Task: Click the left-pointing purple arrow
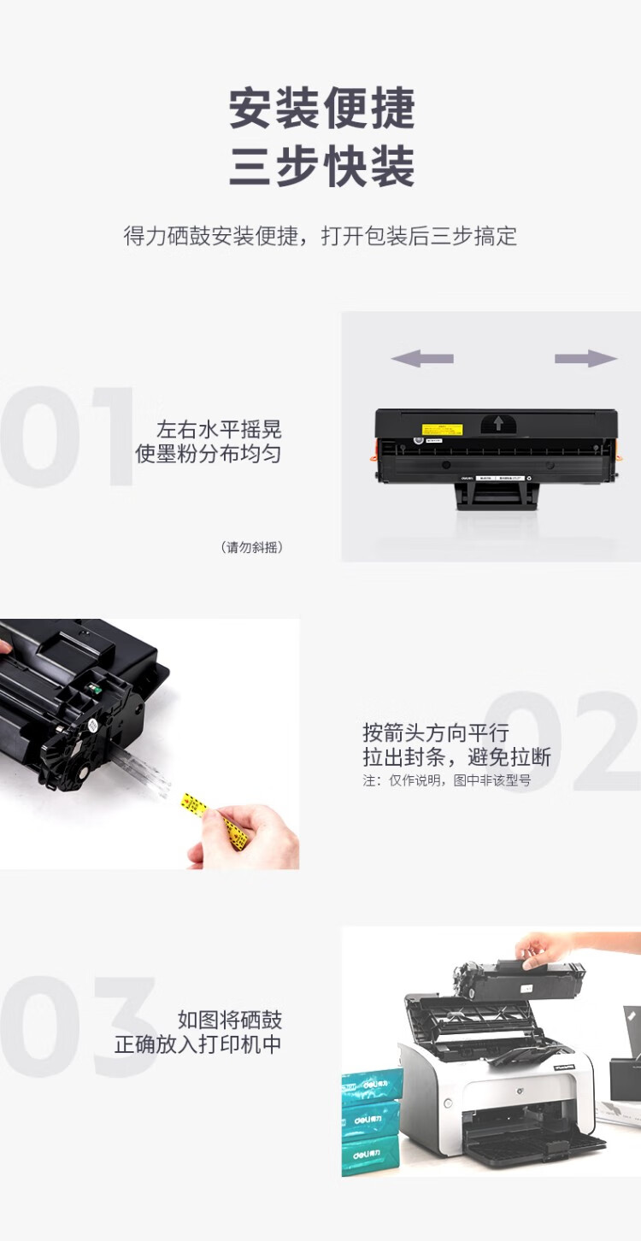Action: pyautogui.click(x=422, y=358)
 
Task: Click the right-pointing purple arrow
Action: pyautogui.click(x=586, y=358)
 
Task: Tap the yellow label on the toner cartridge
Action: pyautogui.click(x=442, y=429)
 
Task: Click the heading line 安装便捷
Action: pyautogui.click(x=322, y=108)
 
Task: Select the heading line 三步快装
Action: pyautogui.click(x=322, y=166)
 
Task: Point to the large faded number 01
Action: pyautogui.click(x=67, y=437)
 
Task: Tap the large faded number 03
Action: pyautogui.click(x=78, y=1026)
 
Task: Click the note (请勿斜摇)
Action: pyautogui.click(x=252, y=547)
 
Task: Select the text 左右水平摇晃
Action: pyautogui.click(x=219, y=429)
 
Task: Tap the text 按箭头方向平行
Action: pyautogui.click(x=436, y=732)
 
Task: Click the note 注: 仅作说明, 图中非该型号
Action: pyautogui.click(x=446, y=780)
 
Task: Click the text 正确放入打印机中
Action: pyautogui.click(x=197, y=1044)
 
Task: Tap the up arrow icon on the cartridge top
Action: pyautogui.click(x=498, y=424)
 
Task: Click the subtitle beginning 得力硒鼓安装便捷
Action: pyautogui.click(x=320, y=236)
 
